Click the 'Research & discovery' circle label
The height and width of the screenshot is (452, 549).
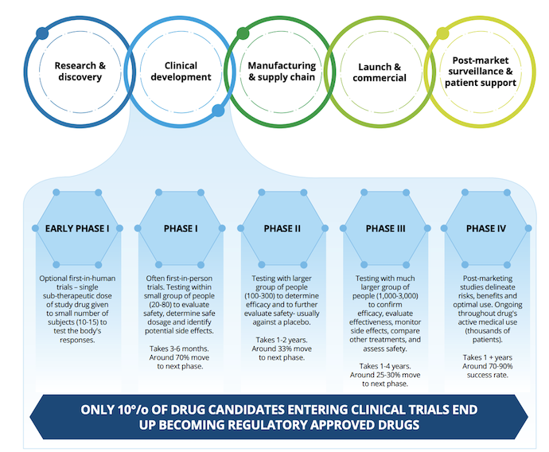[x=79, y=72]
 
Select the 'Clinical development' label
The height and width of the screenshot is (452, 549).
[x=180, y=72]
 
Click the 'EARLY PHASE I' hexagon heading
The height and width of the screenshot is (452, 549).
[x=78, y=228]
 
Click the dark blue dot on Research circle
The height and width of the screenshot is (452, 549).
[x=41, y=33]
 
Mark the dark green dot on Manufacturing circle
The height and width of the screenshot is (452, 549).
[x=243, y=33]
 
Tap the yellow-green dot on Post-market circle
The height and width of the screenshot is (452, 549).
[x=442, y=33]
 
